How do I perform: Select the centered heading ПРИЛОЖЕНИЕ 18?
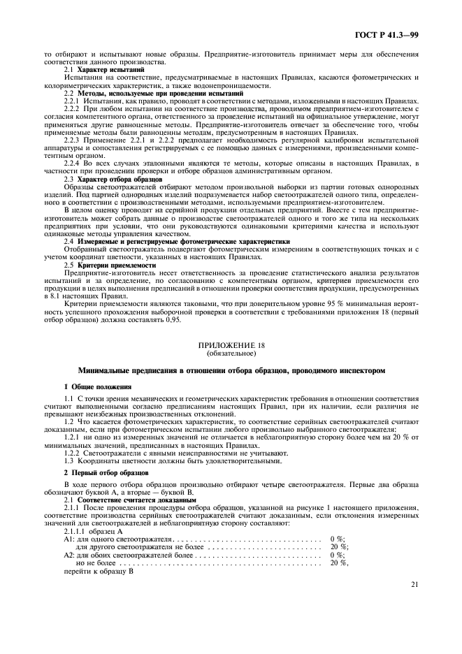[x=231, y=346]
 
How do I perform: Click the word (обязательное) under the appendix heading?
[x=231, y=354]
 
